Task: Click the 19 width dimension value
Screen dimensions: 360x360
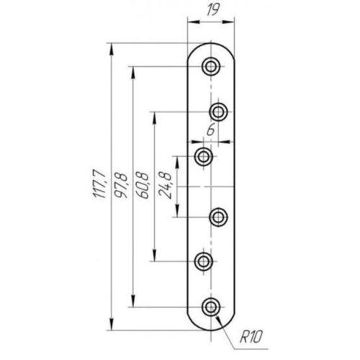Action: [212, 10]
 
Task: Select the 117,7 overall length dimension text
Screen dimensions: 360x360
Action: [99, 184]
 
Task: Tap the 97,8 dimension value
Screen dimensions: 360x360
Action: [121, 185]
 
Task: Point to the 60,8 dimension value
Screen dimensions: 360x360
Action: [143, 185]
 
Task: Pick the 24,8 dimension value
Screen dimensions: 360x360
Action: [166, 185]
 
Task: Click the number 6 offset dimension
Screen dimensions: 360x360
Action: [211, 131]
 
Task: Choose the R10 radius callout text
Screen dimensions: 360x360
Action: [251, 336]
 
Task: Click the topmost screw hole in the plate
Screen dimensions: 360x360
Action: [211, 66]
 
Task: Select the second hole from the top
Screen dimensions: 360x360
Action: [218, 112]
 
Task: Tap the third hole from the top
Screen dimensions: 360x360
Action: [204, 157]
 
